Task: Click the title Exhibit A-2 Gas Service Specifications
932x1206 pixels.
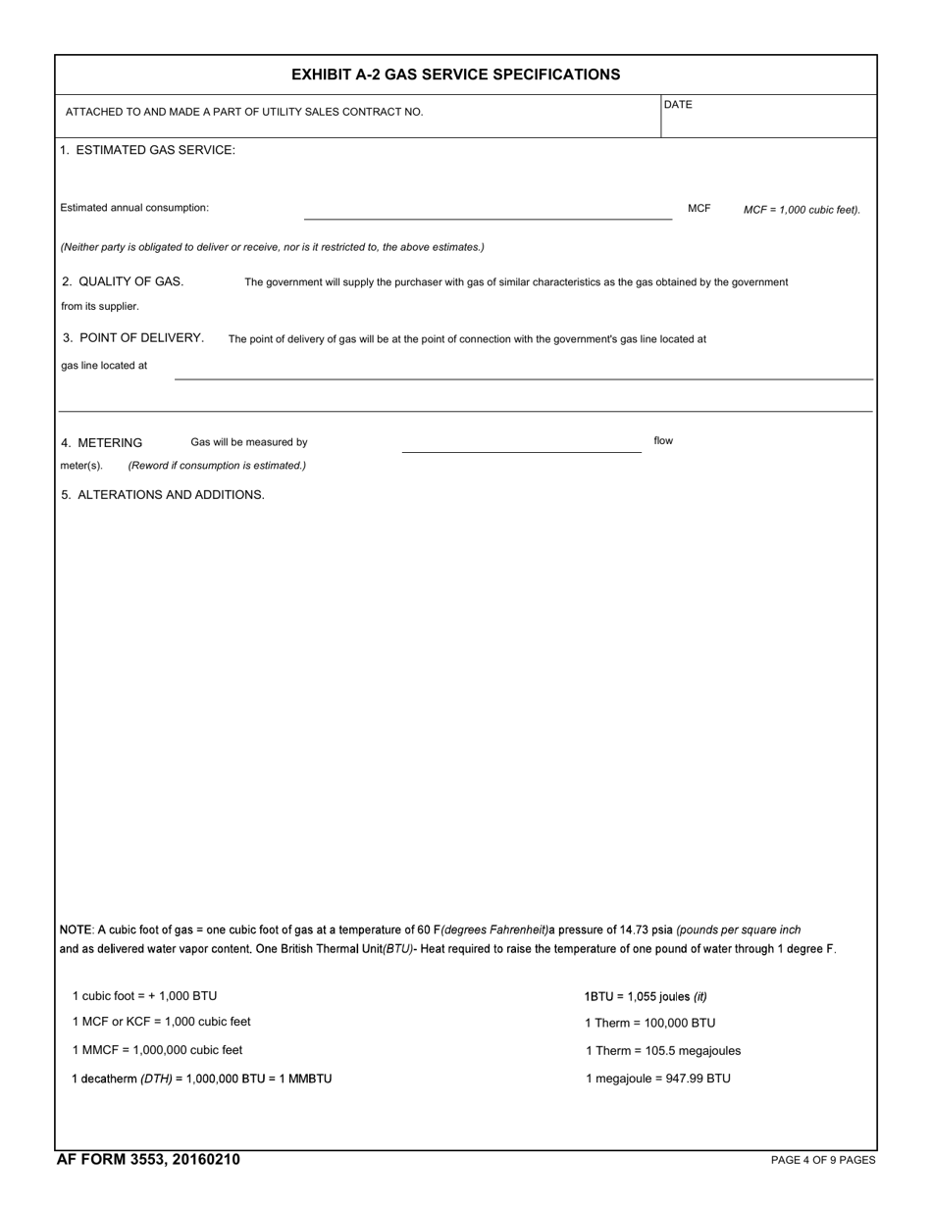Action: [x=455, y=75]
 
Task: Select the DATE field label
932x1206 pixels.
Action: [x=678, y=105]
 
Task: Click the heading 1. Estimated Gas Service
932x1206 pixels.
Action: [x=147, y=150]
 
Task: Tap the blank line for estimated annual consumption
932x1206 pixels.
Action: [x=488, y=211]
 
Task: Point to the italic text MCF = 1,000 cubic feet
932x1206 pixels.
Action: [x=801, y=210]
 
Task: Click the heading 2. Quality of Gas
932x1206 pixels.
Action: [x=123, y=281]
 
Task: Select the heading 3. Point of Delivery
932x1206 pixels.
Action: [x=133, y=338]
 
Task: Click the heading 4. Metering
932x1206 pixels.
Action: [x=102, y=443]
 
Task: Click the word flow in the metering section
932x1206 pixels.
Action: [x=663, y=441]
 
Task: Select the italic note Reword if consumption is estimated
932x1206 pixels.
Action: [x=217, y=466]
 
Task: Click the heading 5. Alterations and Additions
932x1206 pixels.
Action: [x=163, y=495]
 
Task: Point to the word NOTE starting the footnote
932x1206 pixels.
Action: [x=77, y=930]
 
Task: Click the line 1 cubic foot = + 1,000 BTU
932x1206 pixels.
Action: [x=144, y=996]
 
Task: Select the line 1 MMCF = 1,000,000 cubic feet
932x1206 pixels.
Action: [x=157, y=1050]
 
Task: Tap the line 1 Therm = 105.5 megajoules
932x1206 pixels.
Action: [x=663, y=1051]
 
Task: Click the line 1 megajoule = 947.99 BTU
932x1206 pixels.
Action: [x=657, y=1079]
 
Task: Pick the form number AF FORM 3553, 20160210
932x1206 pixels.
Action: [x=148, y=1160]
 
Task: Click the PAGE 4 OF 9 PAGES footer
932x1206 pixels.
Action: [x=822, y=1161]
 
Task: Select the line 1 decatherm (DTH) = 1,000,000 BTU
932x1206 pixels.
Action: [x=201, y=1079]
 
